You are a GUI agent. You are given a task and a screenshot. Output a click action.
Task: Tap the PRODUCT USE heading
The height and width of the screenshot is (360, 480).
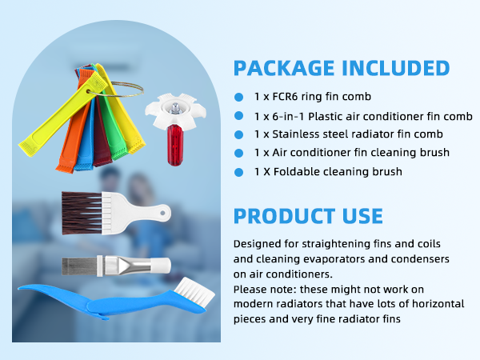click(x=308, y=216)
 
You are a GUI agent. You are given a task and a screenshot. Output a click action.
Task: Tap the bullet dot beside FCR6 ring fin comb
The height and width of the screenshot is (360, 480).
click(x=238, y=97)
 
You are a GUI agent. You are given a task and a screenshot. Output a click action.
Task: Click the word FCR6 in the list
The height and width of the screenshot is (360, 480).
click(x=283, y=97)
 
